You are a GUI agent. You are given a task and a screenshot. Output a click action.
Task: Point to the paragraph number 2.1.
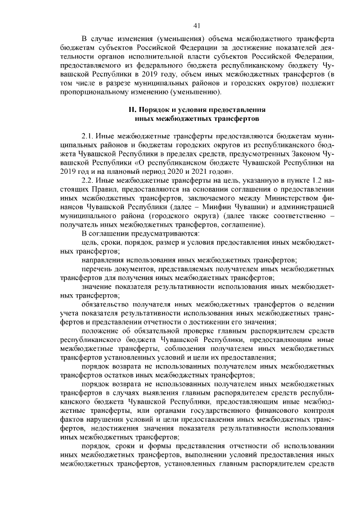[x=88, y=137]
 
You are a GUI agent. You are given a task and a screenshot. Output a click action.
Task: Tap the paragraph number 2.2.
[x=88, y=181]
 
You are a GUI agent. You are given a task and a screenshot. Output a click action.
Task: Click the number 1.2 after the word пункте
[x=313, y=181]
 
